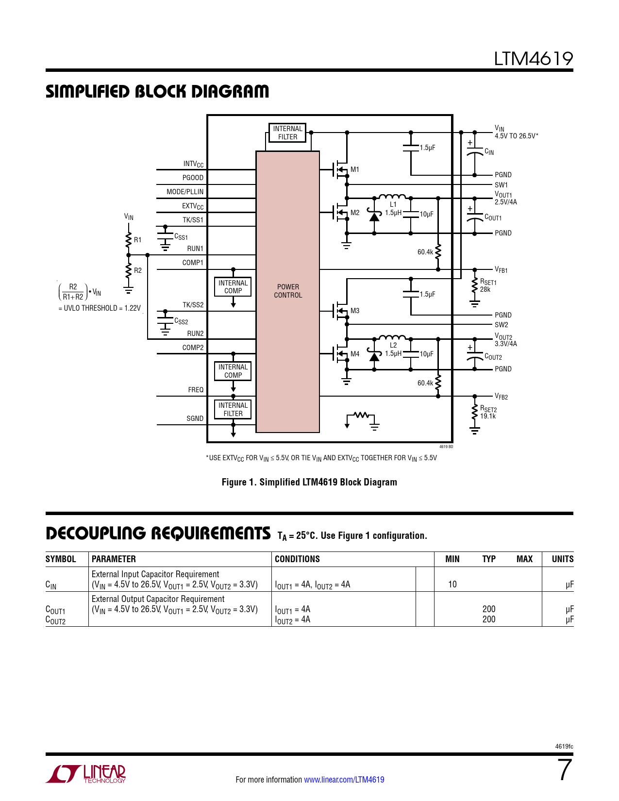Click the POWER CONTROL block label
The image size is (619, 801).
[288, 291]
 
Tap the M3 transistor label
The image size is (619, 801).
[355, 311]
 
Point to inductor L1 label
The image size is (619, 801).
[393, 204]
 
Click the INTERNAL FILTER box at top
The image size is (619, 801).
[287, 133]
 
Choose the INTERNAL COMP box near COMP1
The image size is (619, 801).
[233, 287]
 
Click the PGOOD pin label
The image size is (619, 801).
[193, 178]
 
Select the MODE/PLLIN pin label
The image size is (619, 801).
[185, 192]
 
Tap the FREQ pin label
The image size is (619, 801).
[196, 390]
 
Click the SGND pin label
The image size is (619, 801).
[195, 418]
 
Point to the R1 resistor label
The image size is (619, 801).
[138, 240]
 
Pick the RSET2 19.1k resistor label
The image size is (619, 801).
[488, 413]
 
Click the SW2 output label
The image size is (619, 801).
[501, 325]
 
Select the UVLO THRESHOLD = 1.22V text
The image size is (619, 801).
[100, 308]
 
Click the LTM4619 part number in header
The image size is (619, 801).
[533, 59]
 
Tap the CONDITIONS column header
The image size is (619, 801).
[297, 559]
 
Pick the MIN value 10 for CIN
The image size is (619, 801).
[452, 584]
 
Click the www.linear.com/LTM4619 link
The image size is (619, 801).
[344, 780]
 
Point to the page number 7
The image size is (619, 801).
[565, 770]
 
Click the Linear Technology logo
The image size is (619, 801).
[86, 774]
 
